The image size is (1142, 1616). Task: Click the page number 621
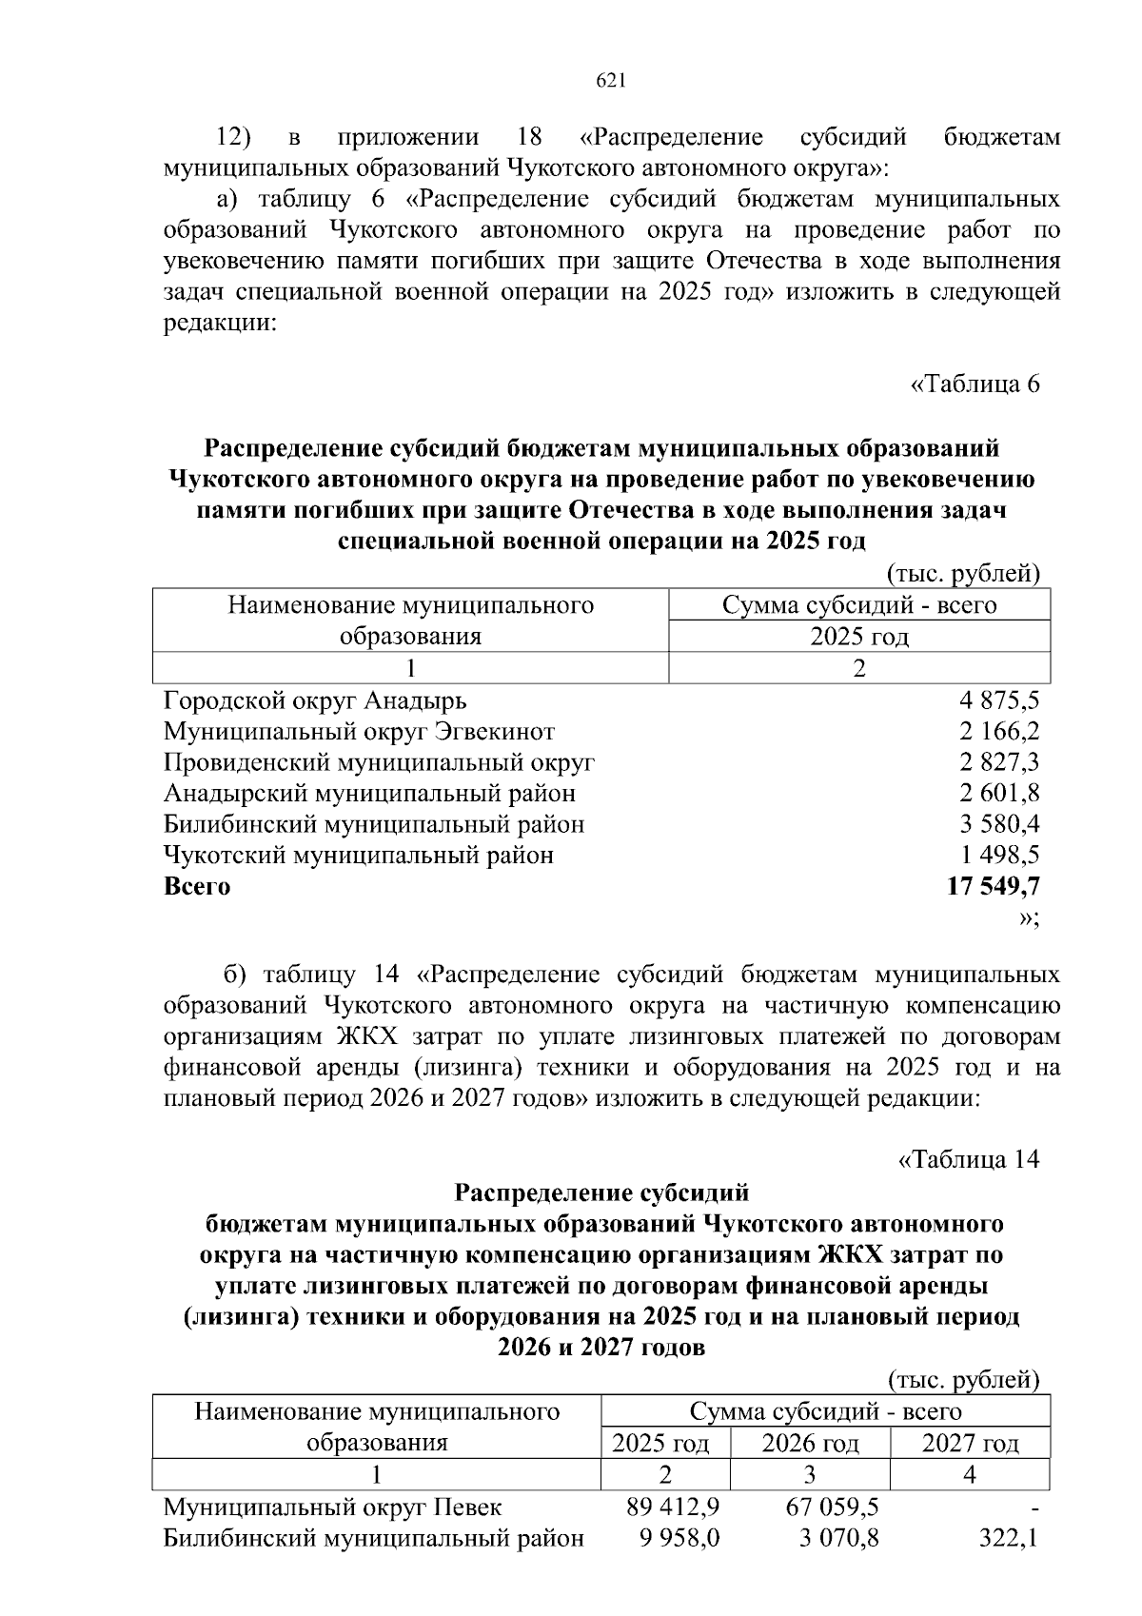(x=610, y=82)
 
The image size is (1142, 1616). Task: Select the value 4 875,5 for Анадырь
(x=999, y=701)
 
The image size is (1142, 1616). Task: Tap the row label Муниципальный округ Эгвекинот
(x=359, y=732)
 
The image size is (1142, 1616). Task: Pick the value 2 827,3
(x=999, y=762)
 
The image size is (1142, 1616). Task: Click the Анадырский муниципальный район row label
(x=369, y=793)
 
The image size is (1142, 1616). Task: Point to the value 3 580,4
(x=999, y=824)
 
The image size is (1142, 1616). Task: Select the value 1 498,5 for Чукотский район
(x=999, y=855)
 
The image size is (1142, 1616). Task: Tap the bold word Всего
(x=197, y=886)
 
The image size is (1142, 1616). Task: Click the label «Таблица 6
(x=975, y=384)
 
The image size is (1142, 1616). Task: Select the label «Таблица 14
(x=969, y=1160)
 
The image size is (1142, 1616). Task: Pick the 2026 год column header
(x=810, y=1444)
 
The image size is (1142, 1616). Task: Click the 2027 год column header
(x=970, y=1444)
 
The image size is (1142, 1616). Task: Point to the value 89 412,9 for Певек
(x=674, y=1508)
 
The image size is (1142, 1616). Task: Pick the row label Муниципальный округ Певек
(x=332, y=1508)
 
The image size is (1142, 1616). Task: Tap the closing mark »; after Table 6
(x=1029, y=917)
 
